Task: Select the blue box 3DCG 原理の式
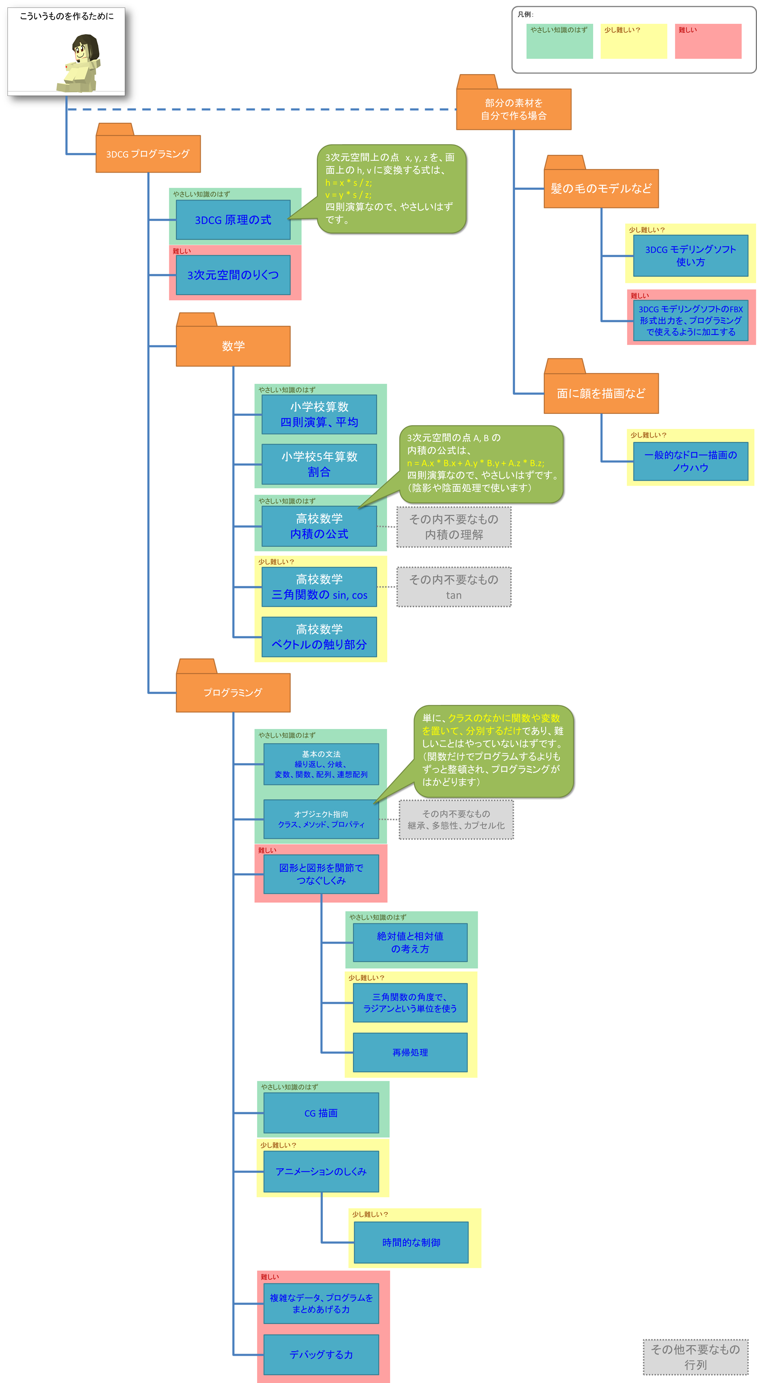[233, 219]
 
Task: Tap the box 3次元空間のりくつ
[233, 275]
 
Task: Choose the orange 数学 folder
[233, 345]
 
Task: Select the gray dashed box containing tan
[454, 587]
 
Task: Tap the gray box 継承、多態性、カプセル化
[456, 820]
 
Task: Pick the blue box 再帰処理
[410, 1052]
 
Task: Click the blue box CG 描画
[321, 1113]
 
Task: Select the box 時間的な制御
[411, 1242]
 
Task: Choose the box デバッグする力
[321, 1355]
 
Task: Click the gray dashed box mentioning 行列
[696, 1357]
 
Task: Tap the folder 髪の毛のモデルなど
[601, 187]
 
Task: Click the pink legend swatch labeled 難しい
[708, 41]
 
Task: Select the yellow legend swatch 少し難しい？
[634, 41]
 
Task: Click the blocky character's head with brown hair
[86, 48]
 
